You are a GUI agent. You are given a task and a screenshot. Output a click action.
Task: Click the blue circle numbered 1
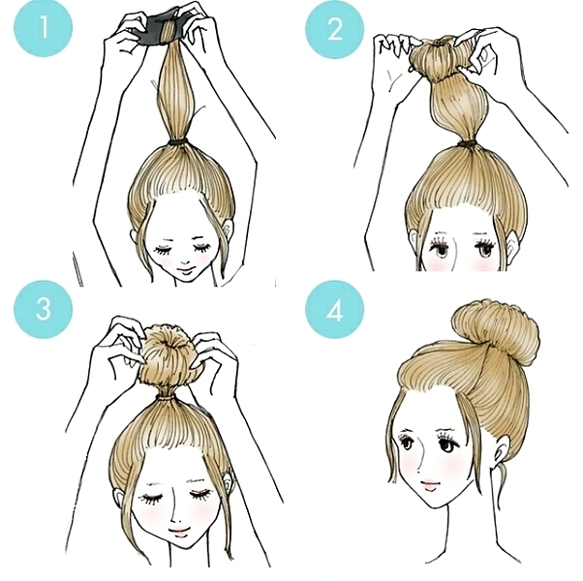click(x=44, y=27)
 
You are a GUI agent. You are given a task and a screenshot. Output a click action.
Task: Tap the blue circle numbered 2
click(x=335, y=29)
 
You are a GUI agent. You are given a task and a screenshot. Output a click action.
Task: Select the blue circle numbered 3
click(x=44, y=309)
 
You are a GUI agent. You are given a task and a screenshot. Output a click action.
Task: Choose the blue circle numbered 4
click(x=335, y=310)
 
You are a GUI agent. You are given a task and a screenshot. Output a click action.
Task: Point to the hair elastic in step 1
click(x=178, y=143)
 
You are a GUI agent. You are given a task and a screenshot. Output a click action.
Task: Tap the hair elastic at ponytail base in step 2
click(x=468, y=143)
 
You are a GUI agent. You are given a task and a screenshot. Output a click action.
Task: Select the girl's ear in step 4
click(x=502, y=448)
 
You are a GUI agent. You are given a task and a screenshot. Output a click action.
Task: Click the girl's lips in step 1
click(x=184, y=269)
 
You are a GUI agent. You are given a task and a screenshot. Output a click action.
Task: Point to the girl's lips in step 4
click(x=429, y=484)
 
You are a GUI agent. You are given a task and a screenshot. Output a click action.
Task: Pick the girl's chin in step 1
click(x=184, y=281)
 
